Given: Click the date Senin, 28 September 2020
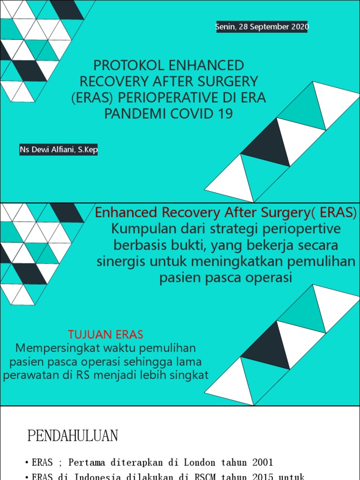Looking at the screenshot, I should point(262,27).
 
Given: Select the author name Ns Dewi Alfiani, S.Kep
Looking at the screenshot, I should point(59,150).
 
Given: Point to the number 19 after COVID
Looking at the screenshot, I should point(225,114).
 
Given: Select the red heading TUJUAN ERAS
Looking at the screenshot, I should point(105,335).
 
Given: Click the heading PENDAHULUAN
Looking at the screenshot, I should point(73,436).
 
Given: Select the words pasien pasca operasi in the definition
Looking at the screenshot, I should point(225,277).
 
